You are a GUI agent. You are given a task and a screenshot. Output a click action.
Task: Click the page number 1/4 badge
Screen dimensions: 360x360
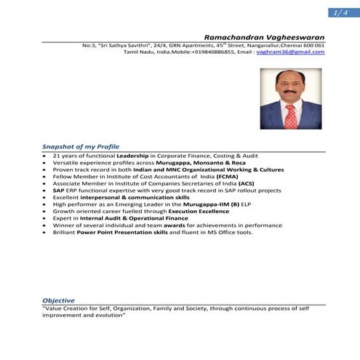point(339,13)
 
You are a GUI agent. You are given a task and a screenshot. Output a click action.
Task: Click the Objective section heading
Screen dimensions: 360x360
point(58,300)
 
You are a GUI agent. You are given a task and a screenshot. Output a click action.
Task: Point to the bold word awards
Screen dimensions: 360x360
point(172,226)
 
